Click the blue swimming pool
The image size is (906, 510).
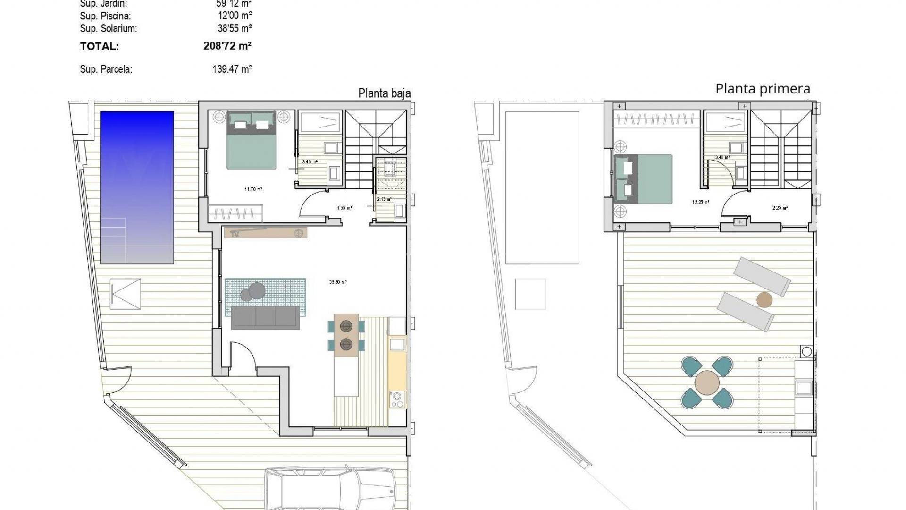(137, 187)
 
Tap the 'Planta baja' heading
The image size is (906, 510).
(384, 93)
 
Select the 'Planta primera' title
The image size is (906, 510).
(763, 89)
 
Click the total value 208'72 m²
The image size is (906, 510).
(227, 46)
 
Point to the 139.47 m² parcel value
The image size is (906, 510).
(232, 69)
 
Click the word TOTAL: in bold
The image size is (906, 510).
(99, 46)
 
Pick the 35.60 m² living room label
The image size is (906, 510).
(338, 282)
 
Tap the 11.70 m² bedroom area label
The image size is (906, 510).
(253, 189)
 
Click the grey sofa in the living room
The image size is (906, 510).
(265, 318)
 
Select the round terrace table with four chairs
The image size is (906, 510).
(707, 382)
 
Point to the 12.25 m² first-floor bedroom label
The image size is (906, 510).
(700, 202)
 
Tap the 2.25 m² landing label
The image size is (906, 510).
(780, 208)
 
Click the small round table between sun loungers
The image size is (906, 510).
(764, 300)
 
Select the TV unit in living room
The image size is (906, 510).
(266, 233)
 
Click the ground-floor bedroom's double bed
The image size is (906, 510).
(251, 140)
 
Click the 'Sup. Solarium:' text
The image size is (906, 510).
(109, 28)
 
